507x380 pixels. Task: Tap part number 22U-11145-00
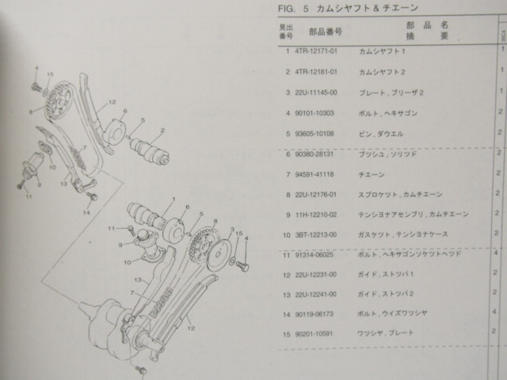[318, 93]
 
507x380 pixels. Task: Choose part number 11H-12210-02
[318, 215]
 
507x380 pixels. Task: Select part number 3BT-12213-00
[318, 234]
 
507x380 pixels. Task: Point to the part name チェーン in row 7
[373, 173]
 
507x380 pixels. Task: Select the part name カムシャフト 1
[382, 51]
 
